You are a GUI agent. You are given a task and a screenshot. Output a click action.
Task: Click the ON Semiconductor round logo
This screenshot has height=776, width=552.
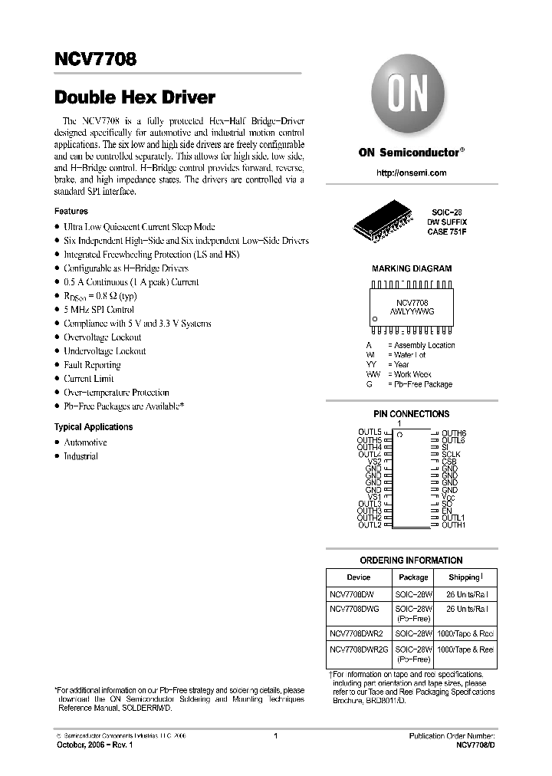(x=411, y=97)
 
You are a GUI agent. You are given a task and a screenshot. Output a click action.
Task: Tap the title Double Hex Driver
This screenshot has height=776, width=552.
(x=134, y=97)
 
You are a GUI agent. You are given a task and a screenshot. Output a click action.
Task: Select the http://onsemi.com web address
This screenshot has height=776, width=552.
(x=411, y=173)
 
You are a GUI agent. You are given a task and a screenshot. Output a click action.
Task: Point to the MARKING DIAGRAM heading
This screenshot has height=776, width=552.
(x=411, y=269)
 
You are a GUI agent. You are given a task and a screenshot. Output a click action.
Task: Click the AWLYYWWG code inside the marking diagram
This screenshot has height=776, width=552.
(x=412, y=312)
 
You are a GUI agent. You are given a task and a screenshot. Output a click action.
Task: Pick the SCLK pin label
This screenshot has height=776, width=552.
(x=451, y=455)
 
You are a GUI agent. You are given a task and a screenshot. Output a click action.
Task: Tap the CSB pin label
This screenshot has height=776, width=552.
(x=449, y=462)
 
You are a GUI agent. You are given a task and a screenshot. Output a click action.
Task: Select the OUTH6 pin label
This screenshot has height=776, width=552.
(x=453, y=434)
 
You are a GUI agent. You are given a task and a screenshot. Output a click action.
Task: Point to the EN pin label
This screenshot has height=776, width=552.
(x=447, y=511)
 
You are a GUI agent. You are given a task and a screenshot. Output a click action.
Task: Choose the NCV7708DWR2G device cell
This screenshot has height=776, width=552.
(x=359, y=649)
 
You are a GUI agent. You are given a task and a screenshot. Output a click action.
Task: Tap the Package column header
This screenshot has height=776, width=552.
(x=413, y=577)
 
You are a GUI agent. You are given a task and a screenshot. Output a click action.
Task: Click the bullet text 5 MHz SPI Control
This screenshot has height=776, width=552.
(x=100, y=310)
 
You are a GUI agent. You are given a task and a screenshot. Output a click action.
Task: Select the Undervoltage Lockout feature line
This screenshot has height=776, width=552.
(x=104, y=351)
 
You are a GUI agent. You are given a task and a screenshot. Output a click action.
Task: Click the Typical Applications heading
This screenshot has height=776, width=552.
(x=93, y=427)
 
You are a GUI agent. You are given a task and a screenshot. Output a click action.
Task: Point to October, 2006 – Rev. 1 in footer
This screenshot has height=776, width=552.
(x=90, y=745)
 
